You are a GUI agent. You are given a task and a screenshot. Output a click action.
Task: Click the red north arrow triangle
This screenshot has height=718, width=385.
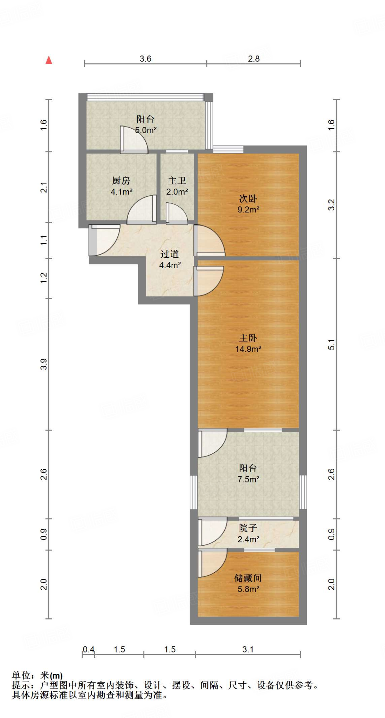coord(49,60)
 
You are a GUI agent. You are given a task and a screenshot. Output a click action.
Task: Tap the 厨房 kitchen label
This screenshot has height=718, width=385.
coord(121,186)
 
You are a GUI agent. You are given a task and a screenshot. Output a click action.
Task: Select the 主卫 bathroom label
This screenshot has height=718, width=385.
coord(177,186)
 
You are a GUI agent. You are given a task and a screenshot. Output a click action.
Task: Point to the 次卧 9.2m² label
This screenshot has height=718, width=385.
coord(248,204)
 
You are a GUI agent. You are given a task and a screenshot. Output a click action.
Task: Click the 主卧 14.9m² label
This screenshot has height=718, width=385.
coord(248,343)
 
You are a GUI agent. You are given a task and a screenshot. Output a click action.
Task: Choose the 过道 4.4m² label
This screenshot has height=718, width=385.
coord(170,259)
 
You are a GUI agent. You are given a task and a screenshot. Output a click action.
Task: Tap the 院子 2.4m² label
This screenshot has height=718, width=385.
coord(248,533)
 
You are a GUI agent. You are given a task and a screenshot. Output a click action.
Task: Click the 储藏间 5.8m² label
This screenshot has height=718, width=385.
coord(248,583)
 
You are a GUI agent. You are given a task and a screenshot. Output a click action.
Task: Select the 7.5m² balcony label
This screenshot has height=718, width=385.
coord(248,473)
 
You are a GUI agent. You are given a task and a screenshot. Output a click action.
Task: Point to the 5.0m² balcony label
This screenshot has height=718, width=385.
coord(146,124)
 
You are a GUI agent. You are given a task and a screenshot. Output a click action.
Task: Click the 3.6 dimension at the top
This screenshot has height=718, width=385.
coord(145,59)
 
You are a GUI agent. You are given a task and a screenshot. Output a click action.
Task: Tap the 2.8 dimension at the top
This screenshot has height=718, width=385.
coord(254,59)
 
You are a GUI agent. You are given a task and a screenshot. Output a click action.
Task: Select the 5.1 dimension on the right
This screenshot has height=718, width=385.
coord(331,345)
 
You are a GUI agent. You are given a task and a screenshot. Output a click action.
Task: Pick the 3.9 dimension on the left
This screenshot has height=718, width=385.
coord(43,364)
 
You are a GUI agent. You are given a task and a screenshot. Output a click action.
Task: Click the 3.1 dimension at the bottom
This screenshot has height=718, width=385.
coord(248,649)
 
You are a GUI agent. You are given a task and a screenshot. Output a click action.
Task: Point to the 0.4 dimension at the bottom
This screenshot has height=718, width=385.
coord(89,649)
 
